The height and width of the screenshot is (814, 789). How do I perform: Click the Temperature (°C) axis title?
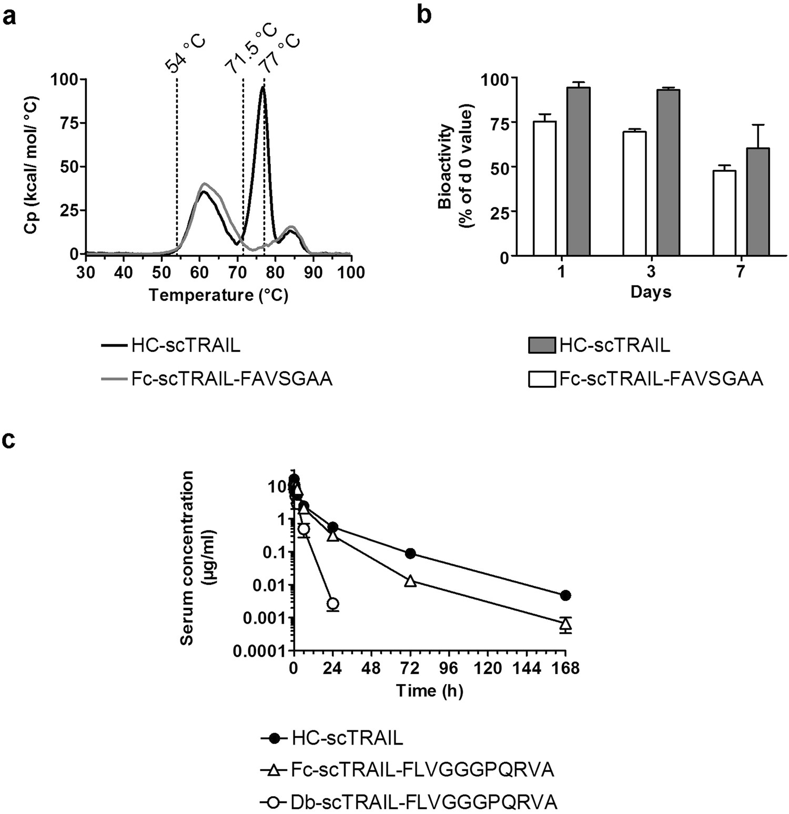pyautogui.click(x=218, y=295)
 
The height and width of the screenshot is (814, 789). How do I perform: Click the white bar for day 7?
pyautogui.click(x=724, y=213)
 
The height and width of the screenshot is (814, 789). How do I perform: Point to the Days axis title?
pyautogui.click(x=651, y=291)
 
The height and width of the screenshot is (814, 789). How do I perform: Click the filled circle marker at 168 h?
pyautogui.click(x=565, y=595)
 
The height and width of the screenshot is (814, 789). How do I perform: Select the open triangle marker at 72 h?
pyautogui.click(x=410, y=581)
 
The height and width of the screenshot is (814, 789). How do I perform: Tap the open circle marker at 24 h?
pyautogui.click(x=332, y=603)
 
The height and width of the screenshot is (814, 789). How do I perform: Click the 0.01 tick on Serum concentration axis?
pyautogui.click(x=271, y=585)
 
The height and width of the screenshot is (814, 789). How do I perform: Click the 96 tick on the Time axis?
pyautogui.click(x=449, y=668)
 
